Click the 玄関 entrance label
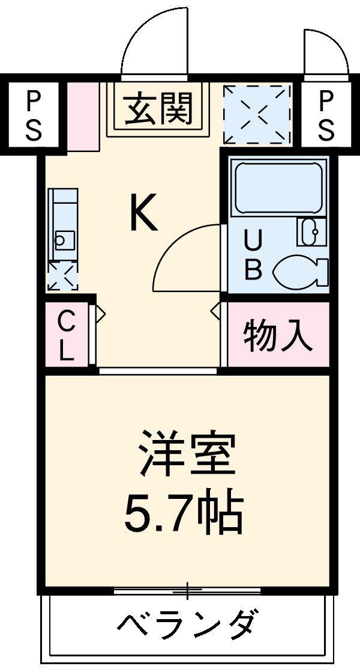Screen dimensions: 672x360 pyautogui.click(x=158, y=110)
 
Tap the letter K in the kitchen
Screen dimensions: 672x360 pyautogui.click(x=144, y=215)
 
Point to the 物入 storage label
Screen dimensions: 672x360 pyautogui.click(x=278, y=335)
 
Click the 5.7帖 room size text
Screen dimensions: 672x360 pyautogui.click(x=184, y=513)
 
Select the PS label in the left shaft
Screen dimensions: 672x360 pyautogui.click(x=33, y=115)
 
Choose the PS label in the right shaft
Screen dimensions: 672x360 pyautogui.click(x=325, y=115)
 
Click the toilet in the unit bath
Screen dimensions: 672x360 pyautogui.click(x=301, y=271)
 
